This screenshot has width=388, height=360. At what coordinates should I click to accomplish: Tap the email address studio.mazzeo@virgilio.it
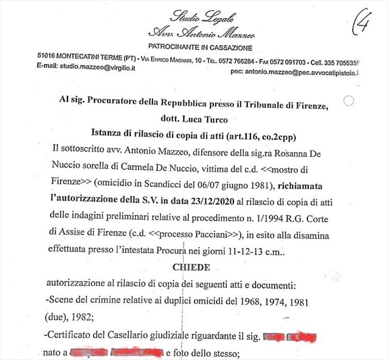(97, 67)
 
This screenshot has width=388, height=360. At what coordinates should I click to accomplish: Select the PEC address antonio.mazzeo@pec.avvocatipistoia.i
(294, 74)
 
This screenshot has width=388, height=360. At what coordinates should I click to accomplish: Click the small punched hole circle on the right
(348, 101)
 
